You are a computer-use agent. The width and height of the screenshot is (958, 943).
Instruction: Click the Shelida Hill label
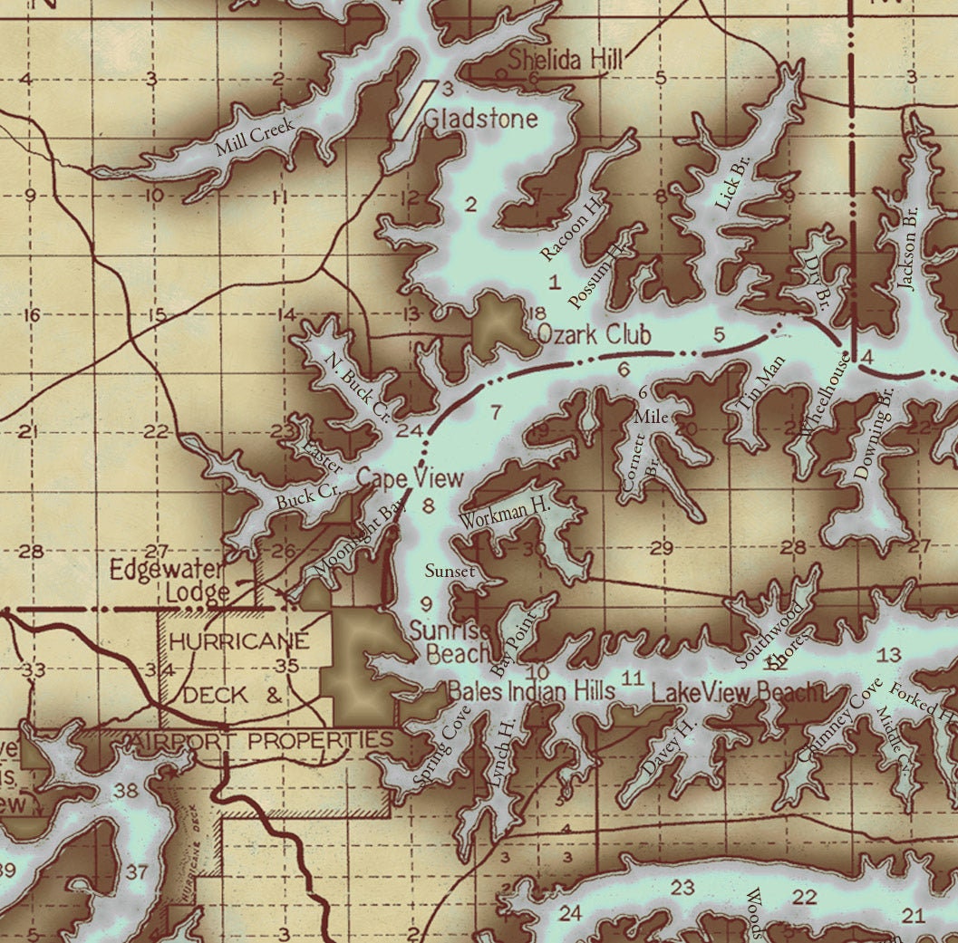[566, 61]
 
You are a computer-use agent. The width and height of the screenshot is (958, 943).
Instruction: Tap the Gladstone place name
[480, 119]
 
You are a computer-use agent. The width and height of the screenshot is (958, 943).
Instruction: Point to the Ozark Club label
[594, 334]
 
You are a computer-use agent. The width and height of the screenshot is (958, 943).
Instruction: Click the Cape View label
[410, 478]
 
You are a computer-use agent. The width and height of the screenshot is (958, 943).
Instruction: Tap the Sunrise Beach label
[450, 641]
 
